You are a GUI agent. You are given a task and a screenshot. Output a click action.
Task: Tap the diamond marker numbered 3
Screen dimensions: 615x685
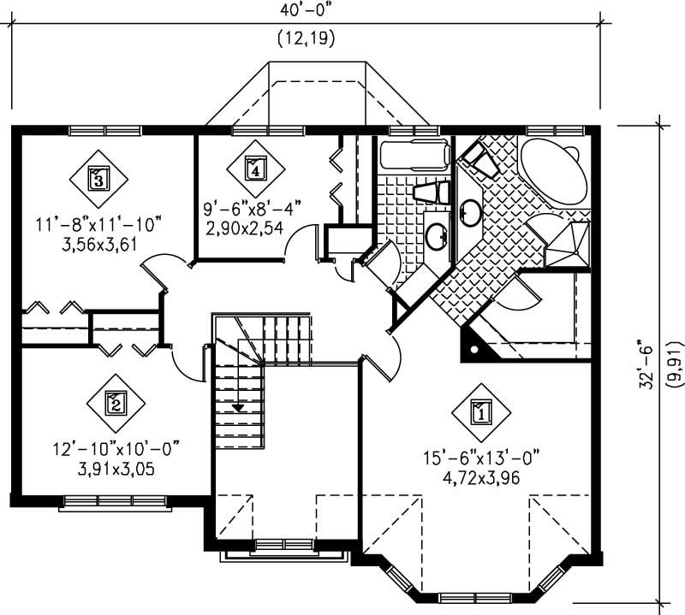pyautogui.click(x=98, y=179)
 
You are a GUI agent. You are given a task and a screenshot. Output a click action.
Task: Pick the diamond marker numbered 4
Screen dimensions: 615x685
pyautogui.click(x=254, y=168)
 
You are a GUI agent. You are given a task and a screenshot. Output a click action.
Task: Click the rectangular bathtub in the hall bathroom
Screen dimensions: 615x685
pyautogui.click(x=414, y=156)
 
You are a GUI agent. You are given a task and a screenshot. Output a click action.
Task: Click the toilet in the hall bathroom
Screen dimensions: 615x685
pyautogui.click(x=430, y=192)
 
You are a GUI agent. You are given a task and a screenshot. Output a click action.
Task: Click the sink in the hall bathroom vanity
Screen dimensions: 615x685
pyautogui.click(x=436, y=233)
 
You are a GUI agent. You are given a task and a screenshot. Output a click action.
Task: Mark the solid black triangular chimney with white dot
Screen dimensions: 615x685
pyautogui.click(x=474, y=346)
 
